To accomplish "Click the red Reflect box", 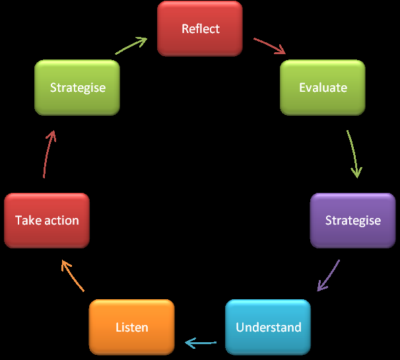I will click(x=200, y=28).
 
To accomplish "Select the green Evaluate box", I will click(x=323, y=87).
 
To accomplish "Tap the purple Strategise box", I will click(x=352, y=220).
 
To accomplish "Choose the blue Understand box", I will click(x=268, y=327).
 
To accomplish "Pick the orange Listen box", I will click(x=132, y=327).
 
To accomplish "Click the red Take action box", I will click(x=47, y=220).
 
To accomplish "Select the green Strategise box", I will click(x=77, y=87).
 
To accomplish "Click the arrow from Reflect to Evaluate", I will click(x=269, y=46).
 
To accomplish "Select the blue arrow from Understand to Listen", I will click(x=201, y=343).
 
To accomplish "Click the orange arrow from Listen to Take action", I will click(x=73, y=275).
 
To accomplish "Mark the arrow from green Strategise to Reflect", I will click(x=131, y=46).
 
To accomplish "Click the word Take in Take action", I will click(x=28, y=220).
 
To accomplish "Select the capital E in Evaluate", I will click(x=302, y=87).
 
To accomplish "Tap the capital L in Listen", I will click(x=119, y=327).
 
